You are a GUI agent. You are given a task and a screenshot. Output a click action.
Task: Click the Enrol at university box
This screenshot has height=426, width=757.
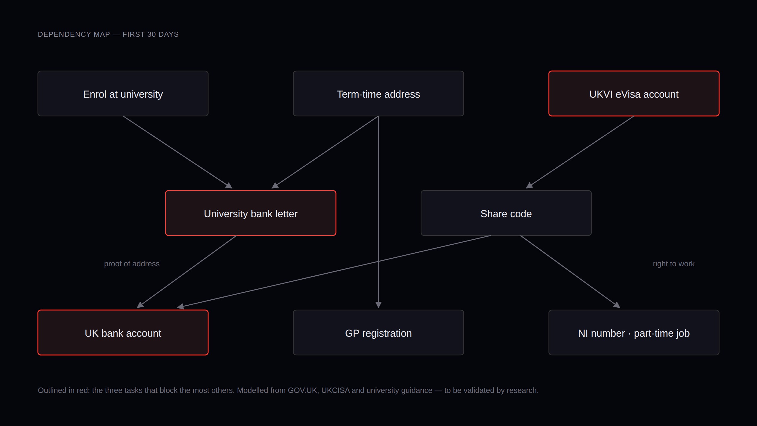pyautogui.click(x=123, y=93)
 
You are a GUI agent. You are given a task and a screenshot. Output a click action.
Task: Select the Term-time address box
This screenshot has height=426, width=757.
pyautogui.click(x=378, y=93)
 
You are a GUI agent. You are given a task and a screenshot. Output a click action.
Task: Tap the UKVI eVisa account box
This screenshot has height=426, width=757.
pyautogui.click(x=634, y=93)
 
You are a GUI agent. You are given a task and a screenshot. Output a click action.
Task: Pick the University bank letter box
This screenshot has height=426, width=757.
pyautogui.click(x=251, y=213)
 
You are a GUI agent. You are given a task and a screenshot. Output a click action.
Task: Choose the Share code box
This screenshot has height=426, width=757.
pyautogui.click(x=506, y=213)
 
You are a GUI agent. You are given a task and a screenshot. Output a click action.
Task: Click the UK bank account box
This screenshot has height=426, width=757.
pyautogui.click(x=123, y=333)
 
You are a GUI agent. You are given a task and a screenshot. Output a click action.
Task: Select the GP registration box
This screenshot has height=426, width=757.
pyautogui.click(x=378, y=333)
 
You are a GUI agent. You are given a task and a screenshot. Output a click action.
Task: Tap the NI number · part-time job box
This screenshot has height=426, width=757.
pyautogui.click(x=634, y=333)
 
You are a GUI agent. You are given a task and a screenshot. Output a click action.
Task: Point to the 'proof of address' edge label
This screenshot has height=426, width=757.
pyautogui.click(x=132, y=264)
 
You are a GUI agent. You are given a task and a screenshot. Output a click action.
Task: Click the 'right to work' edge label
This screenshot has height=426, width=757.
pyautogui.click(x=674, y=264)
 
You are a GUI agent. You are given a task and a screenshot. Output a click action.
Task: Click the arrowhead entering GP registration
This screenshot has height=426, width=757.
pyautogui.click(x=378, y=305)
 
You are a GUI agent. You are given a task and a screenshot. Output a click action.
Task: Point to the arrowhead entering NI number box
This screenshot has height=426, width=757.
pyautogui.click(x=617, y=305)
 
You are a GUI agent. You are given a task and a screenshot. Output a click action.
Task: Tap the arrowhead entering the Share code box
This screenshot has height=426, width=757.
pyautogui.click(x=529, y=185)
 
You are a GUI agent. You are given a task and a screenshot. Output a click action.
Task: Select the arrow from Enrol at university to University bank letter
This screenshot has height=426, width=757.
pyautogui.click(x=178, y=152)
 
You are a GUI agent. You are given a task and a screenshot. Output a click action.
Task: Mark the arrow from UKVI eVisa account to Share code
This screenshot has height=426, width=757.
pyautogui.click(x=580, y=152)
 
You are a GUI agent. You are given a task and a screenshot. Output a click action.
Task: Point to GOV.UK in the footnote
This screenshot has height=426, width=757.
pyautogui.click(x=302, y=390)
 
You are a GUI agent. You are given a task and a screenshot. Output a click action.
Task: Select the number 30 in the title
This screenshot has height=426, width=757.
pyautogui.click(x=151, y=34)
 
